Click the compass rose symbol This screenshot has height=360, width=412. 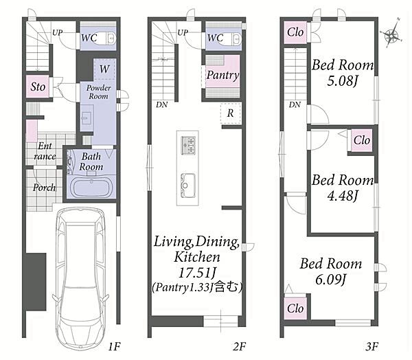click(x=392, y=35)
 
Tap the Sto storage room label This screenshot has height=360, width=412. click(x=38, y=87)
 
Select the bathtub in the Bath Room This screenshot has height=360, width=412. click(x=91, y=188)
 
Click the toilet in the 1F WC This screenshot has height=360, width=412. click(x=111, y=38)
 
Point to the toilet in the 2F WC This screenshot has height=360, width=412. click(x=236, y=38)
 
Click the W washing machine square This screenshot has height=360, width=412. click(x=104, y=69)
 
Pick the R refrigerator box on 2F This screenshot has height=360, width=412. click(x=231, y=113)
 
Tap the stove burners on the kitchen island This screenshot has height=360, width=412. click(x=188, y=145)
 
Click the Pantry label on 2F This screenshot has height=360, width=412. click(x=222, y=75)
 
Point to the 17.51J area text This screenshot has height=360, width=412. click(x=197, y=273)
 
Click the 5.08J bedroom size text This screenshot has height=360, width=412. click(x=342, y=81)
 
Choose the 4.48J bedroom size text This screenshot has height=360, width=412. click(x=343, y=196)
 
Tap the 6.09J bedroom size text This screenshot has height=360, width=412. click(x=331, y=279)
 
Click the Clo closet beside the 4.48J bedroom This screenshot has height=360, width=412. click(x=362, y=140)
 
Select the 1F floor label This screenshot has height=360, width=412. click(x=115, y=346)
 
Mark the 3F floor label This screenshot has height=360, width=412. click(x=371, y=346)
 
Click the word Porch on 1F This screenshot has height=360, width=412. click(x=44, y=188)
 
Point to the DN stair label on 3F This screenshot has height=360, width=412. click(x=295, y=105)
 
